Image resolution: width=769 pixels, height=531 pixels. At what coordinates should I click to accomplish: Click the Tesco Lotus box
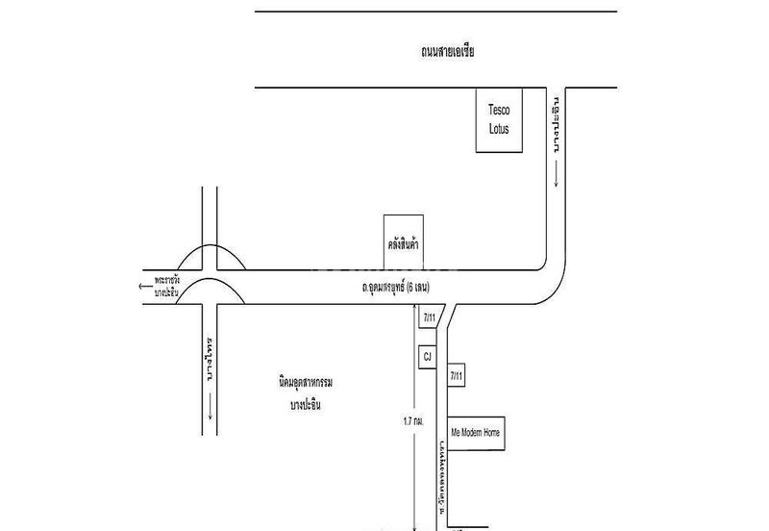(501, 121)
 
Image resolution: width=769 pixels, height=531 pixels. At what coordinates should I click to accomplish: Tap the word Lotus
(501, 128)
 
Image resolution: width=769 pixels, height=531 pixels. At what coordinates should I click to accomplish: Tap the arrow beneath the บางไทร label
(210, 412)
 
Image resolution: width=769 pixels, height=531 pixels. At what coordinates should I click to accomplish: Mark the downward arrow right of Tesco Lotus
(556, 173)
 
